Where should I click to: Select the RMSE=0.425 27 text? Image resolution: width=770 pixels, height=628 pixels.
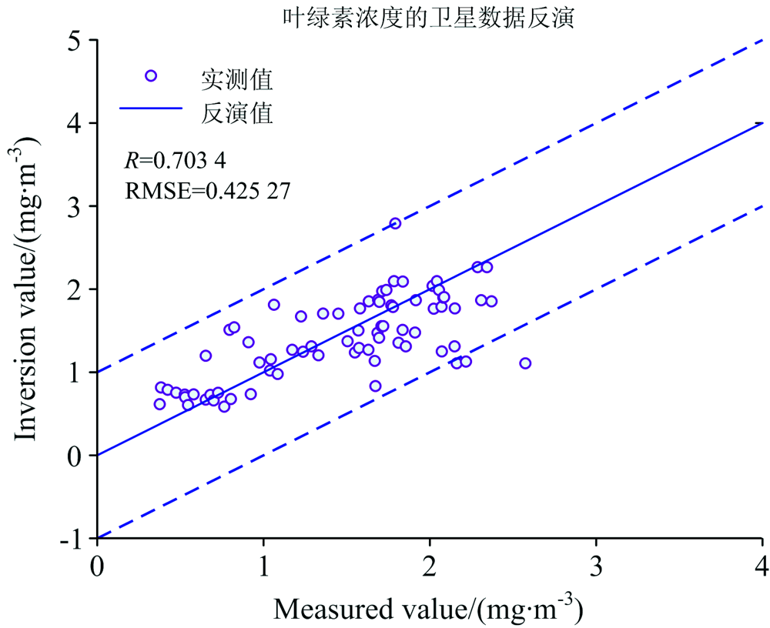[x=207, y=189]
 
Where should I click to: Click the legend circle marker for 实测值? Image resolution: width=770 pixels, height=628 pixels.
[x=151, y=75]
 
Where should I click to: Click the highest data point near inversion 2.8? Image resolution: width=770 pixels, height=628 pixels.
[x=395, y=223]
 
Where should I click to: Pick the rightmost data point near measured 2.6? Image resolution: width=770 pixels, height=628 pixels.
[x=525, y=363]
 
